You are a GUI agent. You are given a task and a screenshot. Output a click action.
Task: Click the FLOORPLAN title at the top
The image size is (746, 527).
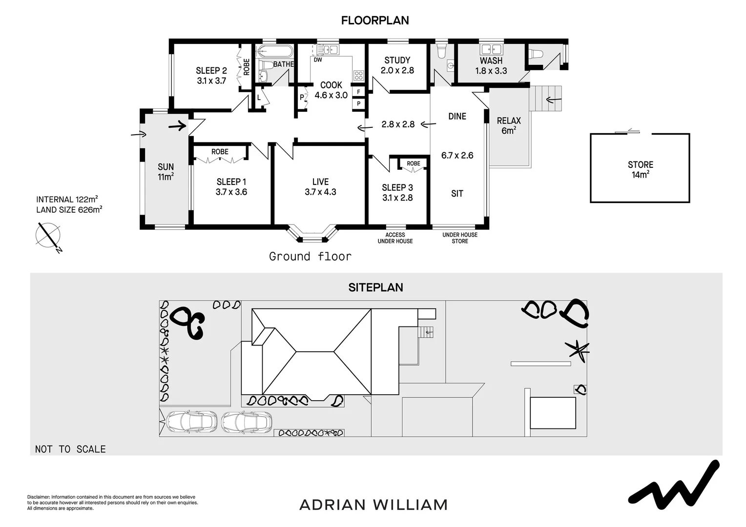[x=374, y=20]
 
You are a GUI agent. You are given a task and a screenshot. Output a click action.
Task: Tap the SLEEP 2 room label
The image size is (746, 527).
[x=211, y=71]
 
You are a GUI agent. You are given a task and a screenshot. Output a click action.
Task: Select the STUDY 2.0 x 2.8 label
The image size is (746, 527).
[x=397, y=65]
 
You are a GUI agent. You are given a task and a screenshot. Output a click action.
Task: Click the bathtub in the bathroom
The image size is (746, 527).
[x=274, y=51]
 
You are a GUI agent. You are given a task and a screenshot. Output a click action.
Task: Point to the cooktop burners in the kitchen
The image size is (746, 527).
[x=359, y=75]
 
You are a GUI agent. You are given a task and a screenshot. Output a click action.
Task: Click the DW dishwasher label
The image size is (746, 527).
[x=318, y=60]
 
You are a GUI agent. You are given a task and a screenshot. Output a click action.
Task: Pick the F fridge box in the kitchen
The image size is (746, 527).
[x=359, y=92]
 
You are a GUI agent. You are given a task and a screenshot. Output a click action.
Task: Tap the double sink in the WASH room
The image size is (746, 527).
[x=491, y=49]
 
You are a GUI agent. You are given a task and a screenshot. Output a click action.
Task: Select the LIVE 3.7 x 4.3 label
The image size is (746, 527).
[x=320, y=186]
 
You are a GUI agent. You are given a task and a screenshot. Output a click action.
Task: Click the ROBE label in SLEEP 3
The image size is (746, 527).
[x=413, y=163]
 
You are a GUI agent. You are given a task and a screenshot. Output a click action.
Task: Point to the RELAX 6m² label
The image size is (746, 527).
[x=509, y=125]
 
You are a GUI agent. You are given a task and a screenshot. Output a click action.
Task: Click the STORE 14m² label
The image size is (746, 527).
[x=640, y=169]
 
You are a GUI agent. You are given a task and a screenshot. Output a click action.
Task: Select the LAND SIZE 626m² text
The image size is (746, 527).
[x=69, y=210]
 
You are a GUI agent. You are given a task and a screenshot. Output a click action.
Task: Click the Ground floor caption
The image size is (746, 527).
[x=310, y=256]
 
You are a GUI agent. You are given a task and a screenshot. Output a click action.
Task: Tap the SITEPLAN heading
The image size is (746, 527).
[x=375, y=287]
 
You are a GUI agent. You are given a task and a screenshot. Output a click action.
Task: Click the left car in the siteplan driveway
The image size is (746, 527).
[x=191, y=422]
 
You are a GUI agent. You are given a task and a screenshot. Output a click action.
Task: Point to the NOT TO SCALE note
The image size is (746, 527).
[x=70, y=449]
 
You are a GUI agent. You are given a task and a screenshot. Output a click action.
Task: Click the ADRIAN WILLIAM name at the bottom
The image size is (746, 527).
[x=373, y=505]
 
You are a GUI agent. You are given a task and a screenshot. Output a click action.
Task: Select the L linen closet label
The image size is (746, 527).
[x=259, y=98]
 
